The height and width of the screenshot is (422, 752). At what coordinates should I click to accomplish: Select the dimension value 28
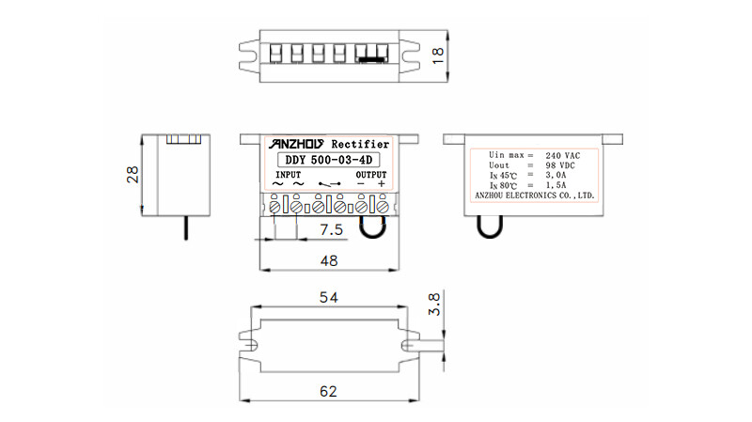[x=133, y=174]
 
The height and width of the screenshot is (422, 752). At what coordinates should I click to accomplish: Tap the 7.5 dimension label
[x=331, y=230]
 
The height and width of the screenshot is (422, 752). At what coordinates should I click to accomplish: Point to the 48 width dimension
[x=330, y=260]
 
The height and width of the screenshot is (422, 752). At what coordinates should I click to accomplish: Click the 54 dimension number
[x=330, y=297]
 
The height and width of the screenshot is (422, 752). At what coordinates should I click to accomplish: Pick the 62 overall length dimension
[x=330, y=391]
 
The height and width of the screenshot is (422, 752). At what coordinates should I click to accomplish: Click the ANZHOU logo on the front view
[x=296, y=144]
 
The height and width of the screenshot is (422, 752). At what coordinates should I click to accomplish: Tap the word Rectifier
[x=361, y=144]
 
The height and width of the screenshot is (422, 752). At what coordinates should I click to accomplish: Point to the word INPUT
[x=289, y=175]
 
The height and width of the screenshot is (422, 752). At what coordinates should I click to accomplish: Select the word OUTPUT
[x=370, y=175]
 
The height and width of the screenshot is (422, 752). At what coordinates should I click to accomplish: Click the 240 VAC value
[x=562, y=153]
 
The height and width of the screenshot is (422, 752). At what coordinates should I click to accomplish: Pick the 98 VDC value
[x=561, y=164]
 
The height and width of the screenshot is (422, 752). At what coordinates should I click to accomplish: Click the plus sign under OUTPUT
[x=381, y=184]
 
